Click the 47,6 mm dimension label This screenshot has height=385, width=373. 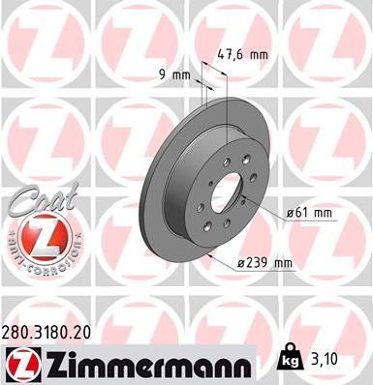[x=241, y=55]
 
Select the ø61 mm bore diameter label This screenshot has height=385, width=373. [x=310, y=212]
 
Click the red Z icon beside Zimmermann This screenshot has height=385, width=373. [x=21, y=365]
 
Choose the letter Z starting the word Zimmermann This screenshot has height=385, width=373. [x=51, y=366]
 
